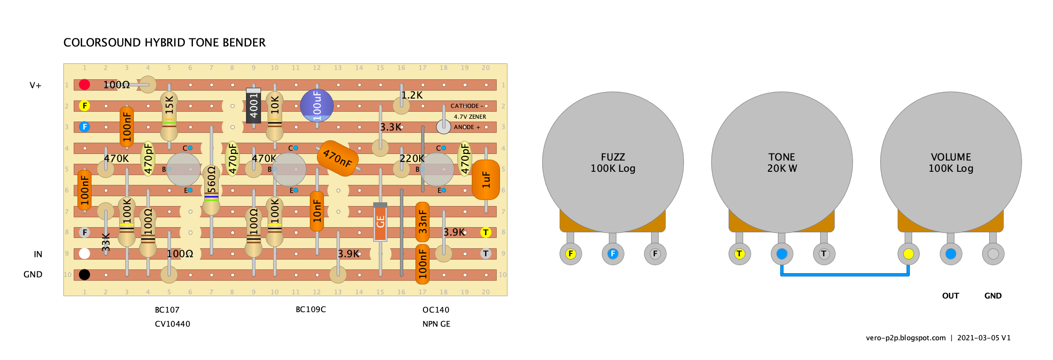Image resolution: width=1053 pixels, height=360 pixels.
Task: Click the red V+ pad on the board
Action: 85,84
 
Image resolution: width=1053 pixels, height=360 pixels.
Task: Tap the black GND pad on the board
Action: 85,275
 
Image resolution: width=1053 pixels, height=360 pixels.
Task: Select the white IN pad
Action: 85,253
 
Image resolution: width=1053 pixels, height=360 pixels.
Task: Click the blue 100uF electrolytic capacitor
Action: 317,106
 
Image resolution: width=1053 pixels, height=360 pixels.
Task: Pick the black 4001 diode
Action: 254,106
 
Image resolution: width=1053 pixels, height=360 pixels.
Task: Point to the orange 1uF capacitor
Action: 486,180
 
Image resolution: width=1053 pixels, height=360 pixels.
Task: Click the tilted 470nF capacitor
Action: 338,158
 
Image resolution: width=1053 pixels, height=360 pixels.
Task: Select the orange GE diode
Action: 380,222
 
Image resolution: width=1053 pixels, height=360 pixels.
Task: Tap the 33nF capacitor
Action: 423,222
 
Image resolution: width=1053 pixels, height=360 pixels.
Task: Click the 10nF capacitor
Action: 317,211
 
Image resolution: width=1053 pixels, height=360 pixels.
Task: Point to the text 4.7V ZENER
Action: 469,116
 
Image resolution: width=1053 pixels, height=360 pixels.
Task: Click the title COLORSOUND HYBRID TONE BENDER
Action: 164,43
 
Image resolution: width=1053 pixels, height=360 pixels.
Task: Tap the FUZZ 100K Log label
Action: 613,162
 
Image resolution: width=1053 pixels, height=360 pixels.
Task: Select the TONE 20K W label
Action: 782,162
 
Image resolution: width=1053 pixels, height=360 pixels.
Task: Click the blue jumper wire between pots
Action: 845,275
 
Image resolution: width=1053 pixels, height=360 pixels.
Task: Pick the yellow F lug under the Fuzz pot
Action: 570,253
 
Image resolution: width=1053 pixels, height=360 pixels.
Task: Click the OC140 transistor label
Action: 436,310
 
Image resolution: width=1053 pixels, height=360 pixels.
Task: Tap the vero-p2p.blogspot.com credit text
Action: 906,337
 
